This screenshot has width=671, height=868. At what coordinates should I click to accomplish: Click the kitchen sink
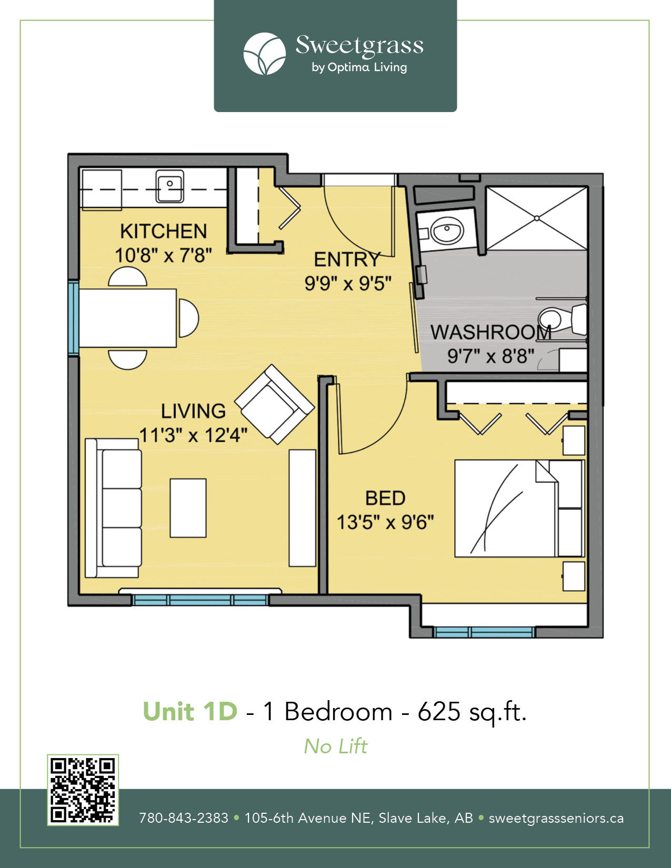169,186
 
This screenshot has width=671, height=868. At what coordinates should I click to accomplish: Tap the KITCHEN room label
164,231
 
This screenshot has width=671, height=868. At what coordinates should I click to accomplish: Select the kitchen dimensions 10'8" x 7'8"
163,255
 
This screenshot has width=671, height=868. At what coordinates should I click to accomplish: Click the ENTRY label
347,260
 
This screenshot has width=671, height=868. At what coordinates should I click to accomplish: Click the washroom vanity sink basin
447,230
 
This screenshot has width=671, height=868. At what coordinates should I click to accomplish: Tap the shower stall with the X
537,218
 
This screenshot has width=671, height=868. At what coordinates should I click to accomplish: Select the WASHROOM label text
491,332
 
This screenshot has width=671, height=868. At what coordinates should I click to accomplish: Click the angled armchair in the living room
275,404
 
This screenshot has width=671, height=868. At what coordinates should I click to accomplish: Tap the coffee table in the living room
188,508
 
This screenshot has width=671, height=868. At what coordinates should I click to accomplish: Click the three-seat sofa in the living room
113,508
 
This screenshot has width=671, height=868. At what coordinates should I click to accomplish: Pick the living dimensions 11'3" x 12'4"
193,435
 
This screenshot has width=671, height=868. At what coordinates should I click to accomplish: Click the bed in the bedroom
519,509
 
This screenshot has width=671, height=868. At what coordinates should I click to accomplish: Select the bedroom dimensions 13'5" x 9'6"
385,522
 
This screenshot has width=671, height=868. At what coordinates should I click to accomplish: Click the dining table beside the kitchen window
127,318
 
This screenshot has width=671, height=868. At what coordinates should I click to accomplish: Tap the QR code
83,790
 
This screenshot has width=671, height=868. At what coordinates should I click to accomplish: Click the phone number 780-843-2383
184,818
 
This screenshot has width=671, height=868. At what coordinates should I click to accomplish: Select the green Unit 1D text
190,711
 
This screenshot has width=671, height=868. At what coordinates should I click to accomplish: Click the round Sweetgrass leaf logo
265,54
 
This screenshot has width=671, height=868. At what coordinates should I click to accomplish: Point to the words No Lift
335,746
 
